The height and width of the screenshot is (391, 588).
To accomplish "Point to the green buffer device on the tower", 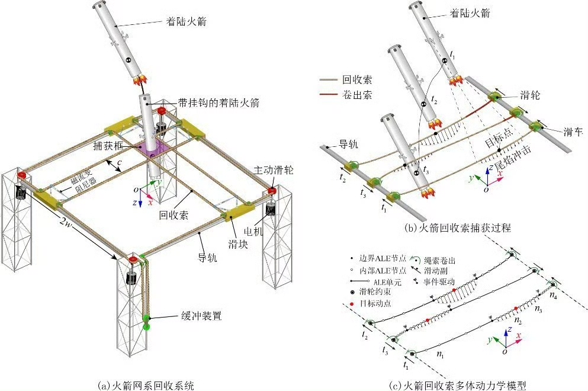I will tap(146, 323).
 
